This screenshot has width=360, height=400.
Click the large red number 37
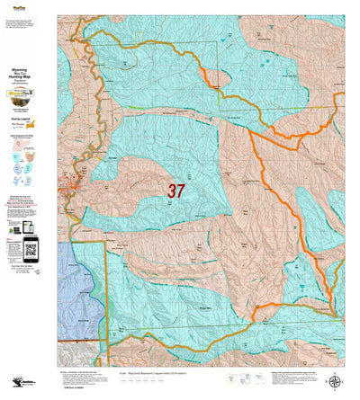point(176,191)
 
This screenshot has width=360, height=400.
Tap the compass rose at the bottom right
point(336,381)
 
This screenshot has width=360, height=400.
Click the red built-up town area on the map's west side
point(73,188)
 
